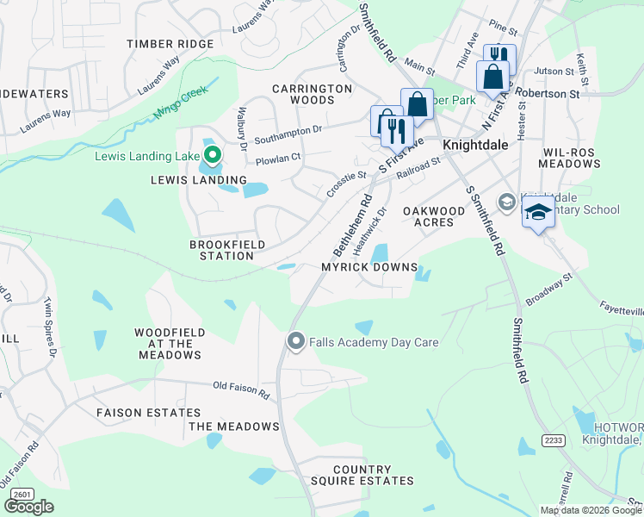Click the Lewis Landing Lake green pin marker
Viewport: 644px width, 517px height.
tap(212, 156)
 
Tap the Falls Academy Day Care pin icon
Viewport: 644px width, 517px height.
tap(296, 342)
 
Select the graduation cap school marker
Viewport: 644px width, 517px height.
tap(538, 212)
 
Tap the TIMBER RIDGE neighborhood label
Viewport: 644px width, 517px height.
tap(170, 44)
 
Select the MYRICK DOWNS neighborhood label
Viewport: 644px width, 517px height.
tap(369, 267)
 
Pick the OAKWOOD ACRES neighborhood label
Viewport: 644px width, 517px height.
tap(422, 216)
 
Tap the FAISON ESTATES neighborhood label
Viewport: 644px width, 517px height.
tap(148, 414)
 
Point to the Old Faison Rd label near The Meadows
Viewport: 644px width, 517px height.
tap(241, 391)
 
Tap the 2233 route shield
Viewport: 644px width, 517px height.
tap(553, 439)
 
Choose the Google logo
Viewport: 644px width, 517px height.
tap(28, 507)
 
